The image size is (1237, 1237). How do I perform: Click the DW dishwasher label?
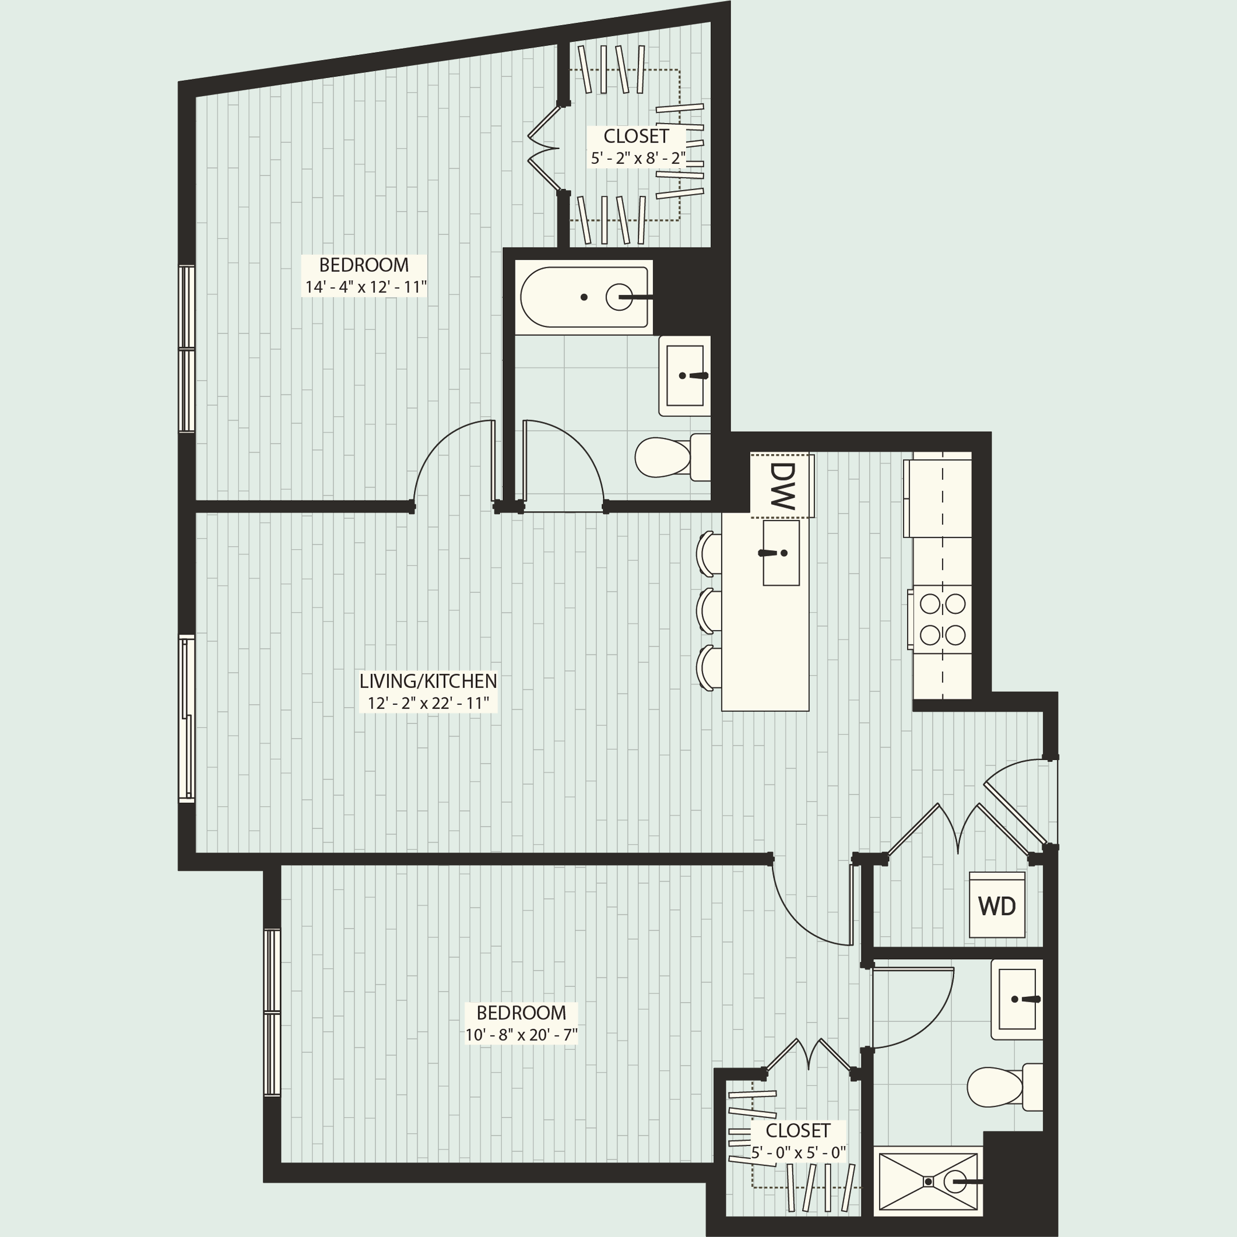click(x=782, y=484)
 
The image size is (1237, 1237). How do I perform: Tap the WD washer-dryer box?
click(x=996, y=905)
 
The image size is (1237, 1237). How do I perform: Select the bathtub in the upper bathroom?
click(x=584, y=297)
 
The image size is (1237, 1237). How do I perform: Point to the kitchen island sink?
click(x=781, y=553)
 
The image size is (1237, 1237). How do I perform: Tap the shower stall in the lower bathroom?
click(x=928, y=1181)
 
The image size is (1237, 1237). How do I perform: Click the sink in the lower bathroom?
click(x=1017, y=999)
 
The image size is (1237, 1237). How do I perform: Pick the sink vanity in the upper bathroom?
click(x=684, y=376)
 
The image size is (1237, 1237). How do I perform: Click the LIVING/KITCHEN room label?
click(x=428, y=680)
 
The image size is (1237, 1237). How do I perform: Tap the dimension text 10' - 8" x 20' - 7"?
click(x=521, y=1035)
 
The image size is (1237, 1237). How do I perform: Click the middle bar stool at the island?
click(x=708, y=610)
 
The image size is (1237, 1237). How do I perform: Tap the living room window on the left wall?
click(x=186, y=718)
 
